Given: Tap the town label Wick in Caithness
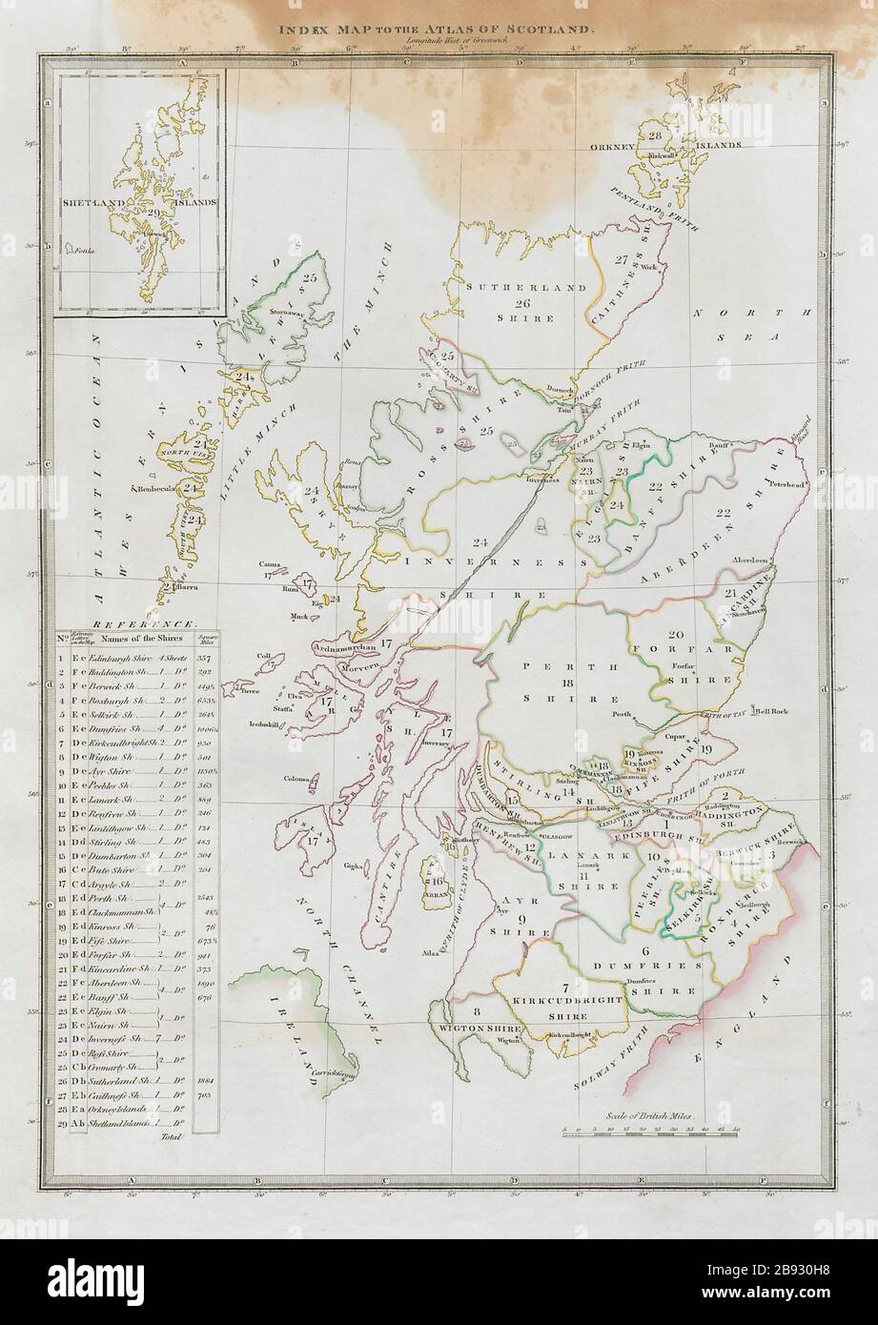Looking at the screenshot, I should (652, 265).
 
